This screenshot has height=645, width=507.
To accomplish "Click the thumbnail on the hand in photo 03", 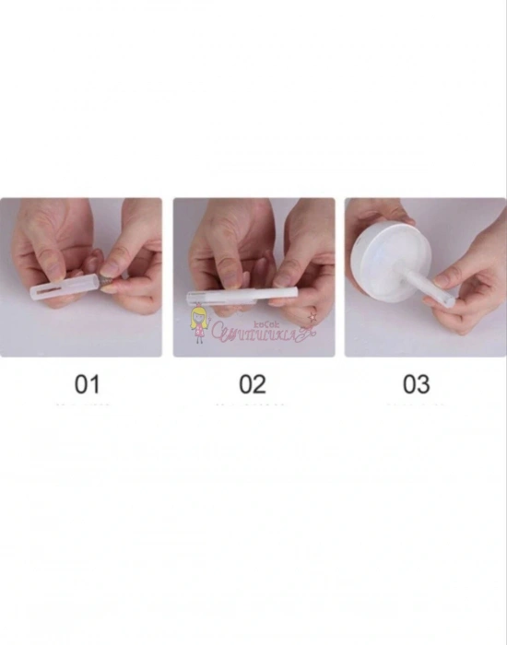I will [x=446, y=278].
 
